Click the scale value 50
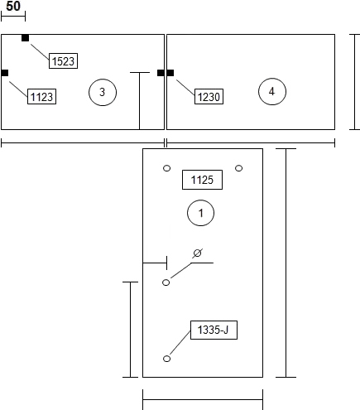click(13, 6)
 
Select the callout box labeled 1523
click(63, 60)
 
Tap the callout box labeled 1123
click(41, 96)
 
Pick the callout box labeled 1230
click(209, 96)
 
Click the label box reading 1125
click(202, 180)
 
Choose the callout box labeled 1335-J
click(214, 330)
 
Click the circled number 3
click(103, 92)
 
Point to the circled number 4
click(272, 91)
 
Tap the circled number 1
click(201, 213)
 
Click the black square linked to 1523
click(25, 38)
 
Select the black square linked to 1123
click(5, 73)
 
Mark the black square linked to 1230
click(170, 73)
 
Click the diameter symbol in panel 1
click(197, 253)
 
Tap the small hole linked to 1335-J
click(167, 359)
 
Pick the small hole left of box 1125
click(167, 168)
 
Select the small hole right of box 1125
click(239, 168)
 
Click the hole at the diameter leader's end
click(166, 282)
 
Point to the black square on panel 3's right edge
click(161, 73)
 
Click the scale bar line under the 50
click(13, 17)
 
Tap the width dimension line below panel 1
click(203, 399)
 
